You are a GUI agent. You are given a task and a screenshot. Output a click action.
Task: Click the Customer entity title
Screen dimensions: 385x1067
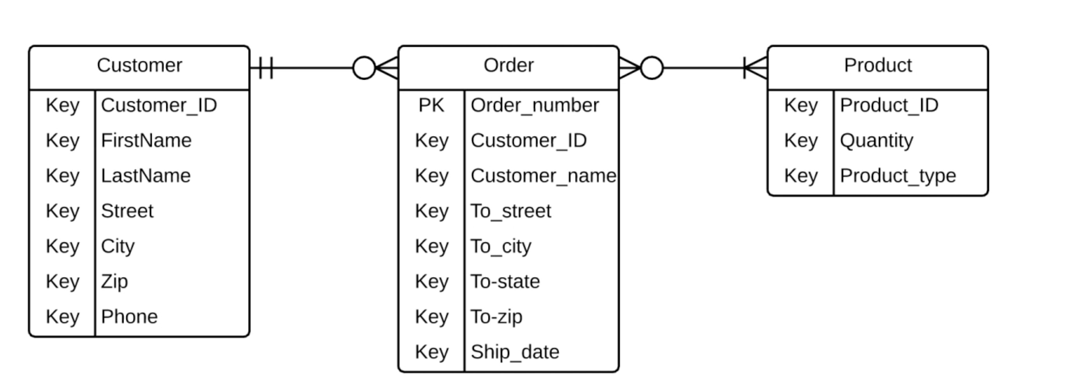139,66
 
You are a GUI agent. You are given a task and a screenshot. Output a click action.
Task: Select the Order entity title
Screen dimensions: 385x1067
508,66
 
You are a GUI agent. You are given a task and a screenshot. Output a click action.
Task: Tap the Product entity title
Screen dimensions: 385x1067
878,66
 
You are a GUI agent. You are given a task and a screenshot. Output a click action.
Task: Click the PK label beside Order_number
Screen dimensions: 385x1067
431,106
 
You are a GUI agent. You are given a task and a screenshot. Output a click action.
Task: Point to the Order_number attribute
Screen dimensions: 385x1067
534,106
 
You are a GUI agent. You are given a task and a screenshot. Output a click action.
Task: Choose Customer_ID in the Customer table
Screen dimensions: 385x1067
159,106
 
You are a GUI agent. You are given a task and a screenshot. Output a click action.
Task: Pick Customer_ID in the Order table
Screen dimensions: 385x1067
529,141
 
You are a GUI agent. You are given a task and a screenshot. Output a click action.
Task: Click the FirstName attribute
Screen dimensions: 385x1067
146,141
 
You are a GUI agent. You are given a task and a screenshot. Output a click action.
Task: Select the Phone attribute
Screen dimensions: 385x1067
129,317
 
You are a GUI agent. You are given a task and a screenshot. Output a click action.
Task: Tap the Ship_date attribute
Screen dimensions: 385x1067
515,352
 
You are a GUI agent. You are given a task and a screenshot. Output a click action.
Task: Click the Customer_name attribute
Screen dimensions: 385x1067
543,176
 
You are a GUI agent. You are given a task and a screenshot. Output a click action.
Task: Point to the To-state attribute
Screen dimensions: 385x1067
505,282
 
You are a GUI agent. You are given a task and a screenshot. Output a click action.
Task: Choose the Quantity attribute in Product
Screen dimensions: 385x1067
876,141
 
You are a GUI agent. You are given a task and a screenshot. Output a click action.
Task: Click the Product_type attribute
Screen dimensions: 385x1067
898,176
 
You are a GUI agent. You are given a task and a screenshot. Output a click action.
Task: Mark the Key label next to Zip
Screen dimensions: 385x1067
62,282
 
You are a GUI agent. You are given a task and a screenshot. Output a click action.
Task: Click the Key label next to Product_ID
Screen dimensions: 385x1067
800,106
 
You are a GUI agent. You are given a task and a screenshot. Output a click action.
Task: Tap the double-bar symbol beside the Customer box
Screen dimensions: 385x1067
266,68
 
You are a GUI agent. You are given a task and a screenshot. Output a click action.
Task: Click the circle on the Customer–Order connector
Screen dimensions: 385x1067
364,68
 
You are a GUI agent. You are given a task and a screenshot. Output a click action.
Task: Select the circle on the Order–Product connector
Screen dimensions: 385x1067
652,68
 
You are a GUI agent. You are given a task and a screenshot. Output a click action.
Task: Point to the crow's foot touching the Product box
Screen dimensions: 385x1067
756,68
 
